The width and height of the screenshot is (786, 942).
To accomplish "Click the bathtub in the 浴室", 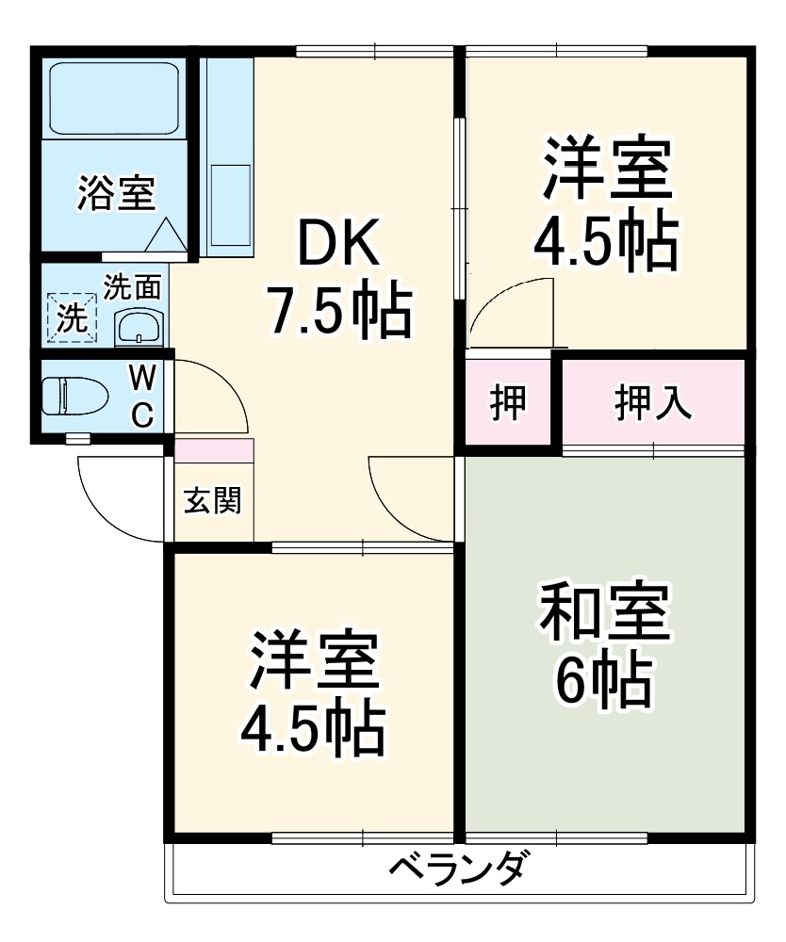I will tap(114, 98).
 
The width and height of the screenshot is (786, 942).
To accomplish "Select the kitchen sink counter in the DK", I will tap(227, 157).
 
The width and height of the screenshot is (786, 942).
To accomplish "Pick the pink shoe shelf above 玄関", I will tap(214, 450).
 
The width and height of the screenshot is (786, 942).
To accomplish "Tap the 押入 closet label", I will tap(653, 402).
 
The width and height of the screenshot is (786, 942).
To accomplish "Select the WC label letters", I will tap(141, 397).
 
